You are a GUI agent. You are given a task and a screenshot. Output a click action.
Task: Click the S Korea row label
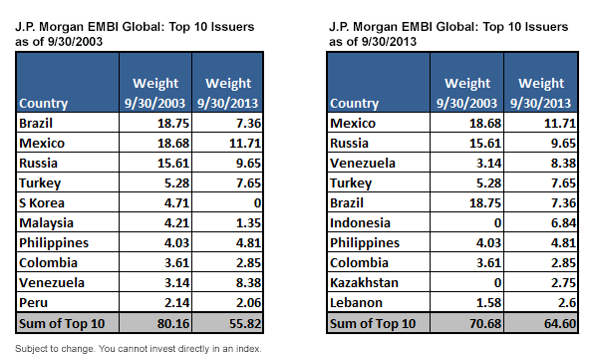pyautogui.click(x=42, y=202)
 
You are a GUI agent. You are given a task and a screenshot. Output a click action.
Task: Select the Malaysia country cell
pyautogui.click(x=46, y=223)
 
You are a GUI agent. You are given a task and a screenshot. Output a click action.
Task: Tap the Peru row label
pyautogui.click(x=33, y=303)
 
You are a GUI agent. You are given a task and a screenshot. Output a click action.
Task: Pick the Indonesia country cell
pyautogui.click(x=360, y=223)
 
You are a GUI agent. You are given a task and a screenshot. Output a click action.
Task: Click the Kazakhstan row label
pyautogui.click(x=364, y=283)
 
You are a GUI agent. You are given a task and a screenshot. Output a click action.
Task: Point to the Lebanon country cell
pyautogui.click(x=356, y=303)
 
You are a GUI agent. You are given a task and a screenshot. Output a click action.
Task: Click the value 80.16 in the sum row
pyautogui.click(x=173, y=324)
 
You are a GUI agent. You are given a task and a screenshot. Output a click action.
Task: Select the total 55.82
pyautogui.click(x=245, y=324)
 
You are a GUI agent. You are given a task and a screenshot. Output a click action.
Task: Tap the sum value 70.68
pyautogui.click(x=485, y=324)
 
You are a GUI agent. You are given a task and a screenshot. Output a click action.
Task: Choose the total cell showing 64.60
pyautogui.click(x=560, y=324)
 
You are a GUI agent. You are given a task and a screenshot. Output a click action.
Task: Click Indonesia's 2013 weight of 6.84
pyautogui.click(x=563, y=223)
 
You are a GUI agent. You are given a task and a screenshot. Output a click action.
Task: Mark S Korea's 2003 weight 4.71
pyautogui.click(x=176, y=202)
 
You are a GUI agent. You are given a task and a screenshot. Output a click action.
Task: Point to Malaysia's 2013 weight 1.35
pyautogui.click(x=248, y=223)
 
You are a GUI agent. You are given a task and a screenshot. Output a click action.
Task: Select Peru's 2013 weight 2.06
pyautogui.click(x=248, y=303)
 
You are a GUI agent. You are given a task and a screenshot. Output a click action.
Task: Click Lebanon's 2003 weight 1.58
pyautogui.click(x=488, y=303)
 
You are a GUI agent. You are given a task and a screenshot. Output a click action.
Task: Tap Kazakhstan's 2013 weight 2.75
pyautogui.click(x=563, y=283)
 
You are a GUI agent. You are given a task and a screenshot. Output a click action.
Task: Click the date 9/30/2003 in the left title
pyautogui.click(x=76, y=41)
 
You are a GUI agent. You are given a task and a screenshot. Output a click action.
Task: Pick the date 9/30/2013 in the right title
pyautogui.click(x=389, y=41)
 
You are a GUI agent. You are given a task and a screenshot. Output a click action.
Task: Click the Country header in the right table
pyautogui.click(x=354, y=104)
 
